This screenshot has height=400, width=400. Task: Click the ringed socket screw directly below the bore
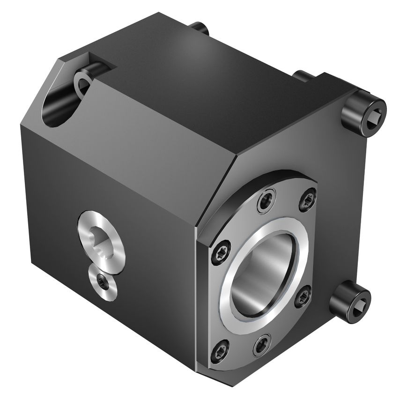tap(262, 345)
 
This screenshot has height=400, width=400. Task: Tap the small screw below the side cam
tap(101, 282)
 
